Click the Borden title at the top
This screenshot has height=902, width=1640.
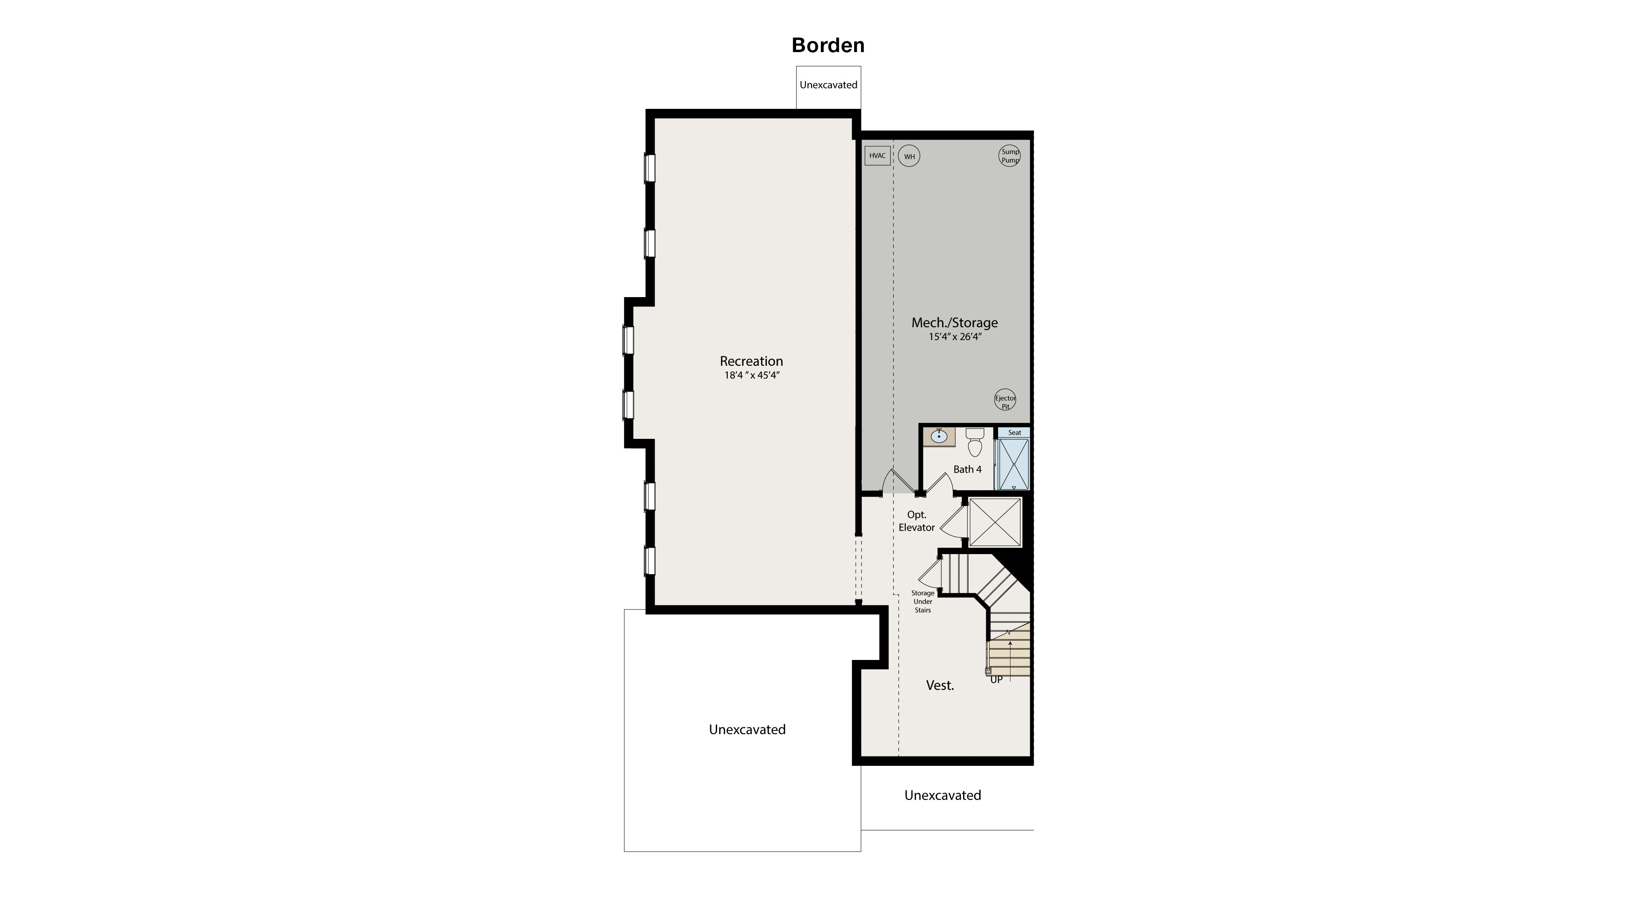click(828, 45)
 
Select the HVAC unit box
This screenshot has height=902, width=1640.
click(877, 156)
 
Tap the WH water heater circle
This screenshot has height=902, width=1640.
click(909, 157)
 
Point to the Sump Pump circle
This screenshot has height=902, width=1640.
click(1010, 156)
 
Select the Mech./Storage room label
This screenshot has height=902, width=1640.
click(955, 323)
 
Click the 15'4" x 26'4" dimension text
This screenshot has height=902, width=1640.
click(955, 337)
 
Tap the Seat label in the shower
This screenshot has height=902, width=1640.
click(1014, 433)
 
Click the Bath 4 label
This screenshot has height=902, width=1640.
click(967, 470)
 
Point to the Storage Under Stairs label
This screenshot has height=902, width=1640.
click(922, 601)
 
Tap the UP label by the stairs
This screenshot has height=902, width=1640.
click(996, 680)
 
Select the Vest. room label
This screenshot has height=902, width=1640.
click(940, 686)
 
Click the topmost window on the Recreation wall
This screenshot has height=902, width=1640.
click(649, 168)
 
